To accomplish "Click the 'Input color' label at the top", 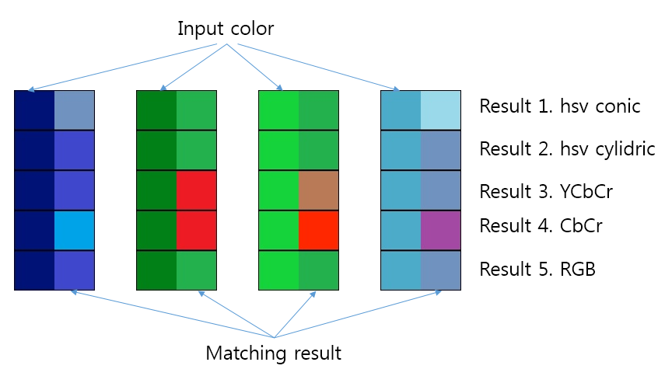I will [226, 29].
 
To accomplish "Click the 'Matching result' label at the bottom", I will [273, 353].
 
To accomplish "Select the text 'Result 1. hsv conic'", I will [560, 106].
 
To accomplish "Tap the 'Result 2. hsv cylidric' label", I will [567, 148].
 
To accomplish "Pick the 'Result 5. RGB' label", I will [537, 269].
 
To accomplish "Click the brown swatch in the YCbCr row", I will [319, 190].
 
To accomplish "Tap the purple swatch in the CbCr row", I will [441, 230].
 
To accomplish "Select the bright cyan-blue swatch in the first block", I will [74, 230].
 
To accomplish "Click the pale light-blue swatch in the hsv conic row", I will [441, 110].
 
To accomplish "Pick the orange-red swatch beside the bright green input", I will [319, 230].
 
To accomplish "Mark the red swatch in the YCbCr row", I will [197, 190].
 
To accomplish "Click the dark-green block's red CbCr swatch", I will [197, 230].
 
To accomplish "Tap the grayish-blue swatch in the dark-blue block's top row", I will [74, 110].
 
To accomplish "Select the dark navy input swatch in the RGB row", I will [34, 270].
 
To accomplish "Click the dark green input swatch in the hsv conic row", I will [156, 110].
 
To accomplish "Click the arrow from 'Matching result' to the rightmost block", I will [358, 315].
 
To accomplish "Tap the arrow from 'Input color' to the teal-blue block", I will [311, 65].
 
